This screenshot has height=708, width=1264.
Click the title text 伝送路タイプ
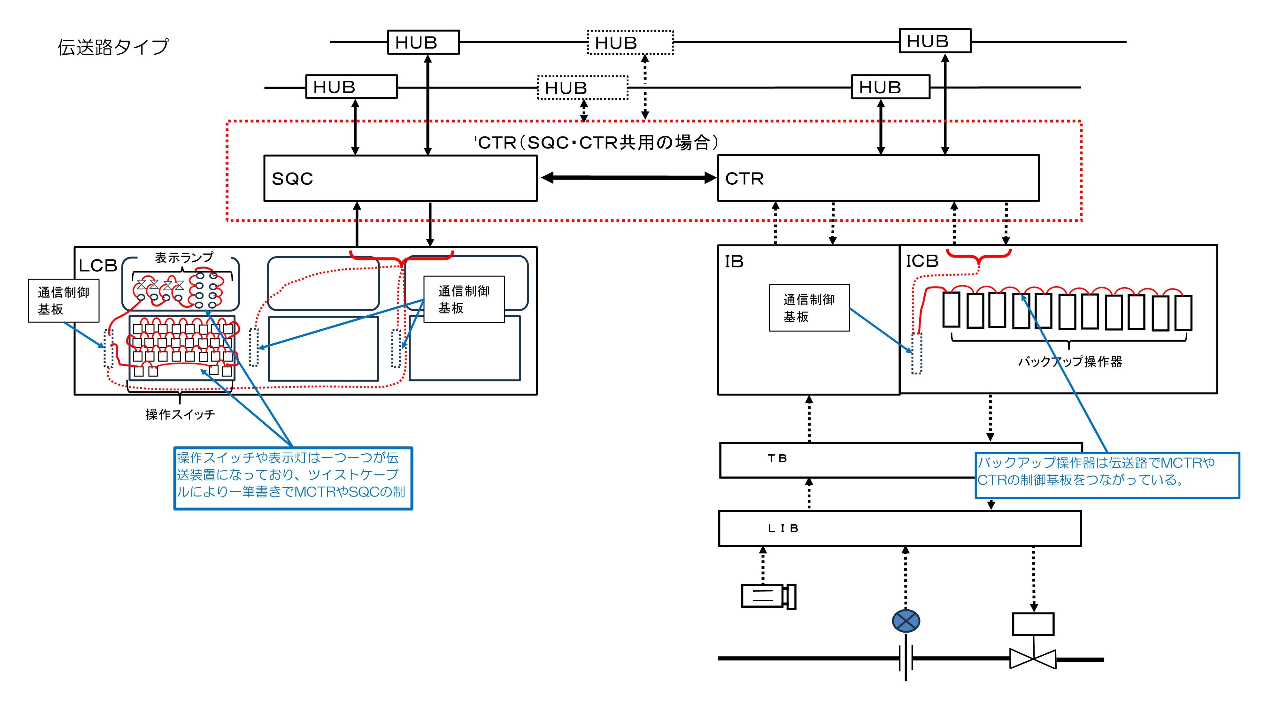coord(113,47)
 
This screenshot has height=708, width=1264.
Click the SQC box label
coord(292,179)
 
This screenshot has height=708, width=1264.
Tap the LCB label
coord(98,266)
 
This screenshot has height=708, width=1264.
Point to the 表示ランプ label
coord(184,258)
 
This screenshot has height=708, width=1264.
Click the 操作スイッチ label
coord(180,415)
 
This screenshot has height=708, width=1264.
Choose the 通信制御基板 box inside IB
coord(809,308)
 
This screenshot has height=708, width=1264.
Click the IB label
coord(734,262)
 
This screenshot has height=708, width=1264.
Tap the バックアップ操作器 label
coord(1070,362)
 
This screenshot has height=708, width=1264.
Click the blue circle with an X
coord(906,621)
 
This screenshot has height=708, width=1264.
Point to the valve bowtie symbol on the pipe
coord(1033,659)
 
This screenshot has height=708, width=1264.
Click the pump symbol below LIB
coord(768,596)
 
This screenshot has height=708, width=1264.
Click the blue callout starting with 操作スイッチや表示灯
coord(293,478)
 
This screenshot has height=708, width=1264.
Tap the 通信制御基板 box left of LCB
coord(64,301)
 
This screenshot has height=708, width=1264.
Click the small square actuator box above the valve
coord(1033,624)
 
